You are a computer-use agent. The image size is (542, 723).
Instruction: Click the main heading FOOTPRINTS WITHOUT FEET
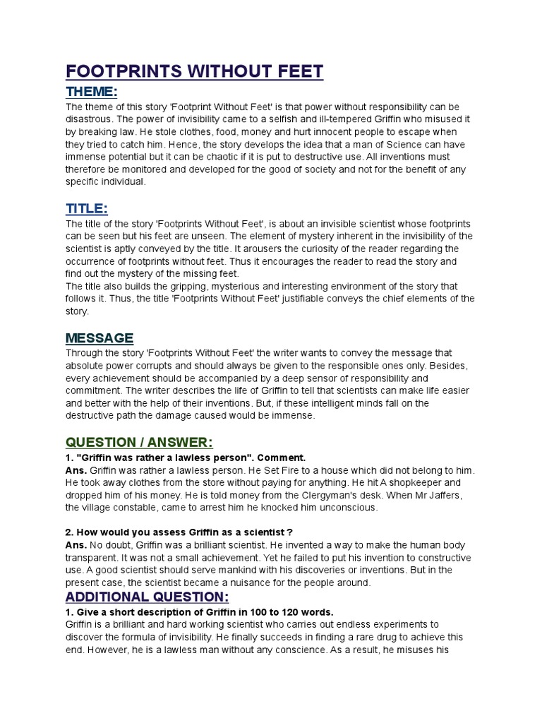click(194, 71)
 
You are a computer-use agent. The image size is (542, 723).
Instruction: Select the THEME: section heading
click(91, 92)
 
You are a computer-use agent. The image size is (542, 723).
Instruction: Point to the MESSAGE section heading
click(100, 337)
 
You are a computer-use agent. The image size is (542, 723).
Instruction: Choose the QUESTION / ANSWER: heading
click(139, 442)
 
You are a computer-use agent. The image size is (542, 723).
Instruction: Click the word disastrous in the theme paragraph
click(90, 119)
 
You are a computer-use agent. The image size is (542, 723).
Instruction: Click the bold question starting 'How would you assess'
click(179, 532)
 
